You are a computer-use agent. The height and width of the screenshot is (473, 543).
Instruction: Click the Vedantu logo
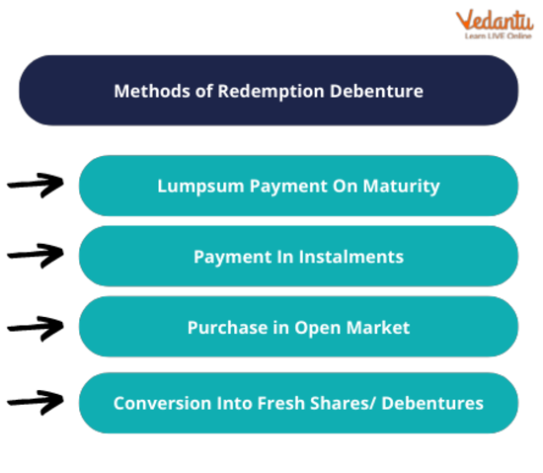(495, 25)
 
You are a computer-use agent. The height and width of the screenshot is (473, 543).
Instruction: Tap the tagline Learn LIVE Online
(498, 36)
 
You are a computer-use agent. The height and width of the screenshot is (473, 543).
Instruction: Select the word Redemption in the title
(271, 92)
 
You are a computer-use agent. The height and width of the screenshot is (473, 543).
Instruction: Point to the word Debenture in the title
(376, 91)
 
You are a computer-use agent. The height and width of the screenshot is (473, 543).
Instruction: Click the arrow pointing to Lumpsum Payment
(36, 185)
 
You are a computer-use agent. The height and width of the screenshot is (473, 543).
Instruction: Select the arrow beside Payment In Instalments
(36, 255)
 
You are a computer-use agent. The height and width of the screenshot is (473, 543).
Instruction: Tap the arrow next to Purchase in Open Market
(36, 328)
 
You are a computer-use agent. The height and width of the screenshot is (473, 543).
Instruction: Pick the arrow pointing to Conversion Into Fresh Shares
(36, 402)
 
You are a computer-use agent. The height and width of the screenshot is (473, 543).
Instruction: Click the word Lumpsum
(200, 187)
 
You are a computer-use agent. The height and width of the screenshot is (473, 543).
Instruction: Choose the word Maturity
(402, 187)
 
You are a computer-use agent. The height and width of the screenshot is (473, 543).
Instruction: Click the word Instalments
(351, 257)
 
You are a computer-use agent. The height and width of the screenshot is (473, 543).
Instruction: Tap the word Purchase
(227, 328)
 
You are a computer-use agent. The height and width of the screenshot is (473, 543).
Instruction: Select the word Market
(378, 328)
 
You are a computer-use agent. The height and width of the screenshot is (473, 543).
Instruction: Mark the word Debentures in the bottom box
(432, 404)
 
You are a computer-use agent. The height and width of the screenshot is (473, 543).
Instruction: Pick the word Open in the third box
(318, 329)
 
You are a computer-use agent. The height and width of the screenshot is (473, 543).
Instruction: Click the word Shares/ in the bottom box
(343, 404)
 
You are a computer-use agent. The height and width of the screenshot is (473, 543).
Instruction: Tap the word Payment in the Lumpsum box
(289, 187)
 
